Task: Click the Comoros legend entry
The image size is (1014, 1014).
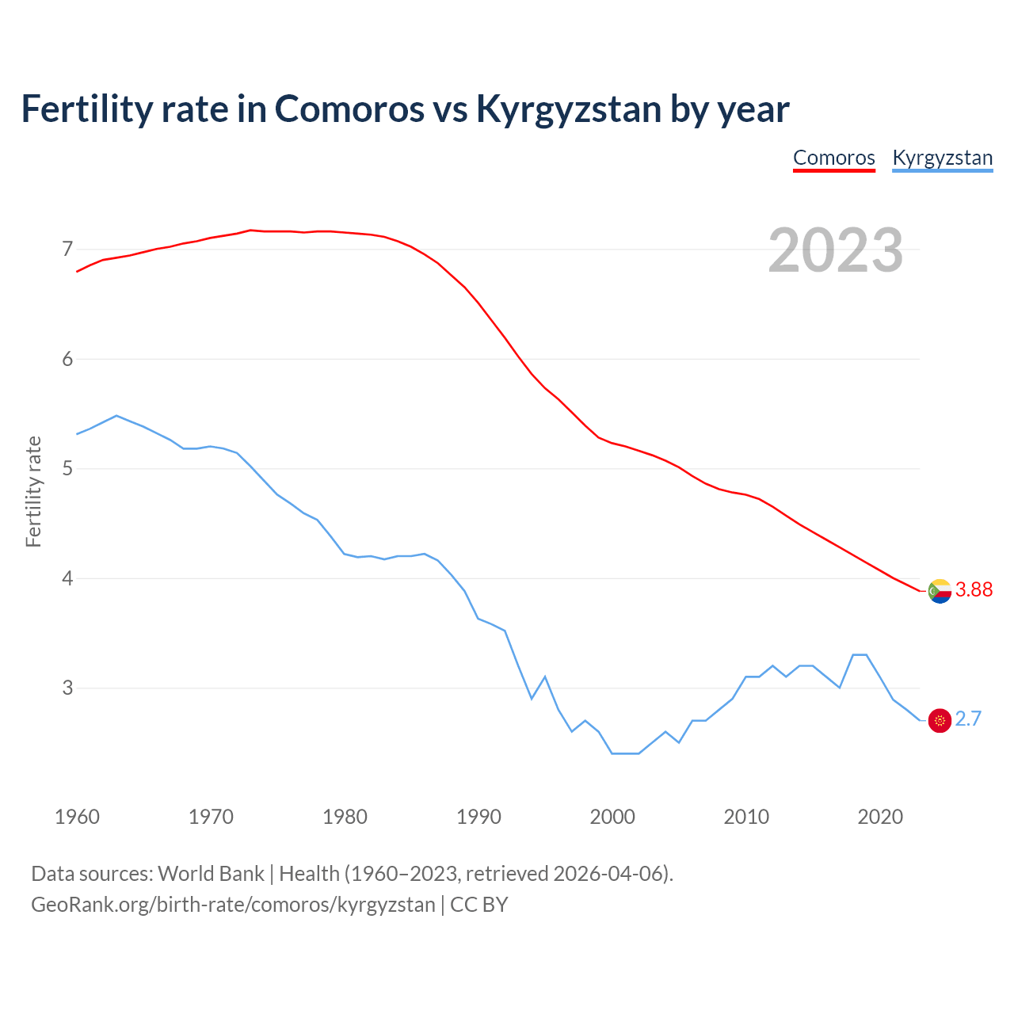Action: click(833, 158)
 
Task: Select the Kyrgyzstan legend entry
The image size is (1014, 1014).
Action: click(942, 158)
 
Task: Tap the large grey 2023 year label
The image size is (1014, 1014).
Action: click(835, 250)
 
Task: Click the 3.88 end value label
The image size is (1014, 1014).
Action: click(974, 589)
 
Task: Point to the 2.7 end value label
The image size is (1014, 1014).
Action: click(968, 719)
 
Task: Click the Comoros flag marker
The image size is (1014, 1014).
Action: click(940, 591)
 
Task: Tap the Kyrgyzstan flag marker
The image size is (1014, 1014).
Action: click(940, 720)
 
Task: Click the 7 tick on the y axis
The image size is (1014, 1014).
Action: click(67, 250)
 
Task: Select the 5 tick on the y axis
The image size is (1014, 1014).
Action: click(67, 469)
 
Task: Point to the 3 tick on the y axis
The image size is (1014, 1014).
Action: click(67, 688)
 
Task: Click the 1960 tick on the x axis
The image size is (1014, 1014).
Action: click(77, 817)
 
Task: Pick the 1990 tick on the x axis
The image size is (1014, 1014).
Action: click(478, 817)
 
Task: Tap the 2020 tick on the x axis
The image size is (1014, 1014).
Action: click(880, 817)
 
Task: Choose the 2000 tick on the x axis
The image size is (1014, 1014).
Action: click(612, 817)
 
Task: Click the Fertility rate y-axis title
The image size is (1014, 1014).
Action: click(33, 491)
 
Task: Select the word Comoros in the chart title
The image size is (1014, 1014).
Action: click(349, 109)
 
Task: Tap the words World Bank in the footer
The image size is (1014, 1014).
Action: click(211, 874)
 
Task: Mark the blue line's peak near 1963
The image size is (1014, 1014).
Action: click(116, 415)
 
